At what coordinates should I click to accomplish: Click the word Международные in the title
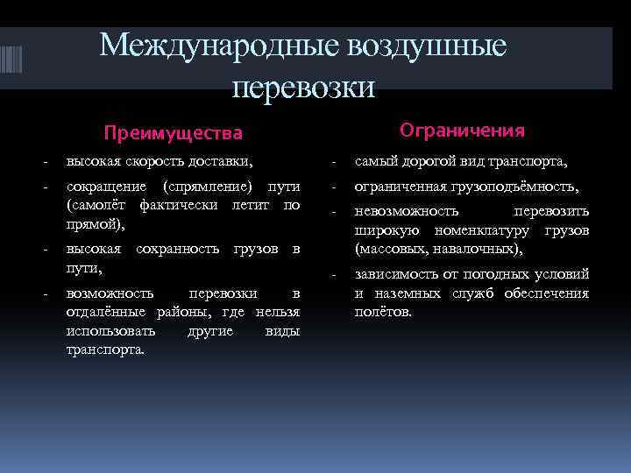click(206, 46)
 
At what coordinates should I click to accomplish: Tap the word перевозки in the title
click(304, 86)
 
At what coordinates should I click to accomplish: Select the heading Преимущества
click(173, 133)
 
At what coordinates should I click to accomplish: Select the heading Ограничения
click(462, 131)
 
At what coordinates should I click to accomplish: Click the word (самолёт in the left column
click(97, 205)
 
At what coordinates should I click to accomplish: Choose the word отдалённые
click(108, 313)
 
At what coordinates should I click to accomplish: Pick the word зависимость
click(397, 274)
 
